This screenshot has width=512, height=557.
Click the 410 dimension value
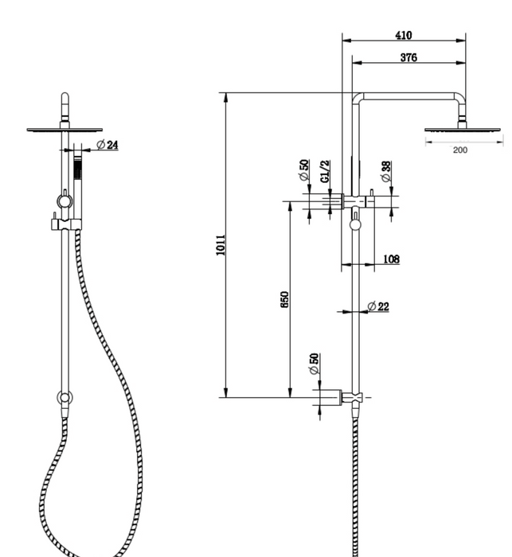click(x=403, y=35)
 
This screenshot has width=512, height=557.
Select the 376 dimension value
click(x=408, y=57)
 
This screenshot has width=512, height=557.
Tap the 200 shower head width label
click(x=460, y=150)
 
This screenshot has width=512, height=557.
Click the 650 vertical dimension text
click(x=284, y=300)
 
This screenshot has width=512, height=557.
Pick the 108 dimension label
click(x=391, y=259)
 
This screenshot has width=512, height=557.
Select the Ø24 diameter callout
click(x=107, y=145)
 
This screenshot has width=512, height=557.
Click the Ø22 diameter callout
click(x=378, y=306)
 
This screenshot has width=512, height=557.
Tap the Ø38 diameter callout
click(x=385, y=172)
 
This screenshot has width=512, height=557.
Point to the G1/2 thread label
click(x=326, y=173)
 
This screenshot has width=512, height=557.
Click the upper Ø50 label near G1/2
click(x=304, y=171)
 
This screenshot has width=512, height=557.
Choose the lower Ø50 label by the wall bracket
click(x=314, y=364)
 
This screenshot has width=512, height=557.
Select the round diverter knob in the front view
click(x=63, y=198)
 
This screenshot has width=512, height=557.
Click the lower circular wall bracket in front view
click(x=63, y=397)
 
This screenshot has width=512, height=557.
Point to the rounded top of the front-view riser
click(x=64, y=99)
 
